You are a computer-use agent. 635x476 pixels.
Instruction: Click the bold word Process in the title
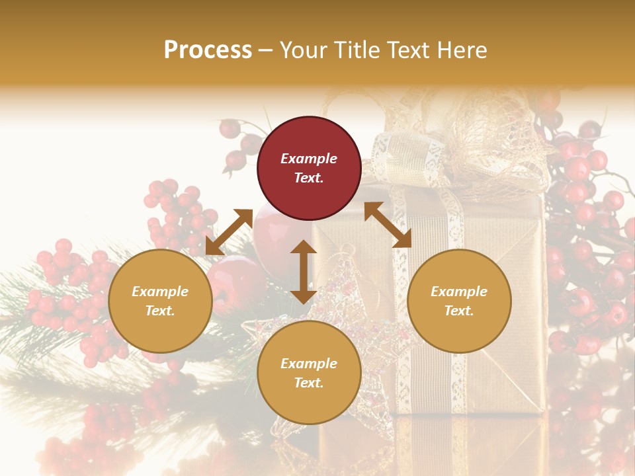pyautogui.click(x=208, y=50)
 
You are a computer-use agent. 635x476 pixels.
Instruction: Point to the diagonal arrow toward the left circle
pyautogui.click(x=229, y=231)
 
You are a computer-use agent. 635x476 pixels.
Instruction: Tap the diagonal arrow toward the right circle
pyautogui.click(x=388, y=225)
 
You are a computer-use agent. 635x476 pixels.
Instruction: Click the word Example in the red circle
pyautogui.click(x=309, y=159)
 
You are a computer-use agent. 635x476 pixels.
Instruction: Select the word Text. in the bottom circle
pyautogui.click(x=309, y=383)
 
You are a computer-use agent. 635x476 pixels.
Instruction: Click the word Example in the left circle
pyautogui.click(x=160, y=292)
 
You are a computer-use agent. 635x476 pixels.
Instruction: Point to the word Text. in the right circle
pyautogui.click(x=459, y=311)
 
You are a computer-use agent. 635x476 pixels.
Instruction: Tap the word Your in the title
pyautogui.click(x=304, y=50)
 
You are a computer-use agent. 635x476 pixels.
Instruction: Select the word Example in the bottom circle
pyautogui.click(x=309, y=364)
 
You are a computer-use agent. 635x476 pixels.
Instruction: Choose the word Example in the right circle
pyautogui.click(x=459, y=292)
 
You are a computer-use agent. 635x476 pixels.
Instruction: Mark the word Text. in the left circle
pyautogui.click(x=160, y=311)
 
